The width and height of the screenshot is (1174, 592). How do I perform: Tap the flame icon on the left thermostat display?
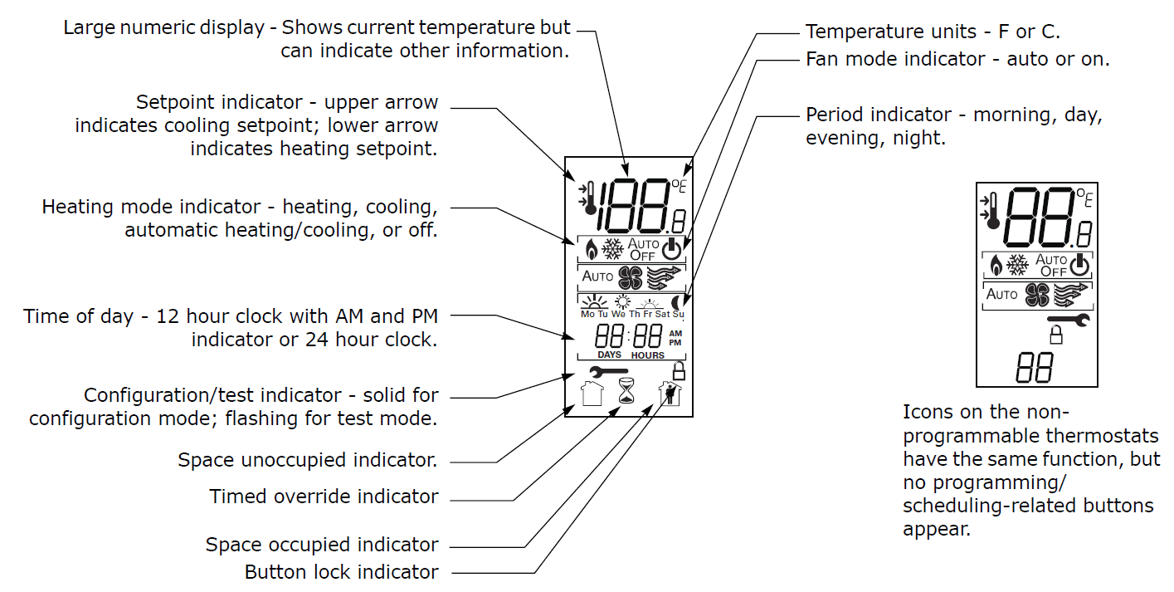[591, 249]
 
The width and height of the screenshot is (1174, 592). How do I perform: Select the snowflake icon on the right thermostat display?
[1016, 265]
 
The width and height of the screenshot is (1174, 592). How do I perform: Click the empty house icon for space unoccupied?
[592, 393]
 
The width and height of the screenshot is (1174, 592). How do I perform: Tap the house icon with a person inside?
[669, 393]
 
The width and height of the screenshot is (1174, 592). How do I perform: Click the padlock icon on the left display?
[679, 370]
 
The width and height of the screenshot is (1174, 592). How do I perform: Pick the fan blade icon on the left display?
[631, 276]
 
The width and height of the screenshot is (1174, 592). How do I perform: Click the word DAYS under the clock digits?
[609, 355]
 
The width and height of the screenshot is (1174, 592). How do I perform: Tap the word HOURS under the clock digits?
[647, 355]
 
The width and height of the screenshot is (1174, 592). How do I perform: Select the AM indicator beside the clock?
[675, 333]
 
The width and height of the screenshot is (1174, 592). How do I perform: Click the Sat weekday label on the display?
[662, 315]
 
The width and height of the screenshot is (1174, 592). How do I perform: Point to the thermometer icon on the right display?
[987, 210]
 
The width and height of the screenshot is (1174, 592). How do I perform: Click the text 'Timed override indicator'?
[324, 497]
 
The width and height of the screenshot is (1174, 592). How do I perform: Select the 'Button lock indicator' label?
[341, 572]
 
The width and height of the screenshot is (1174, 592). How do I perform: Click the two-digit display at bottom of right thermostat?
[1034, 366]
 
